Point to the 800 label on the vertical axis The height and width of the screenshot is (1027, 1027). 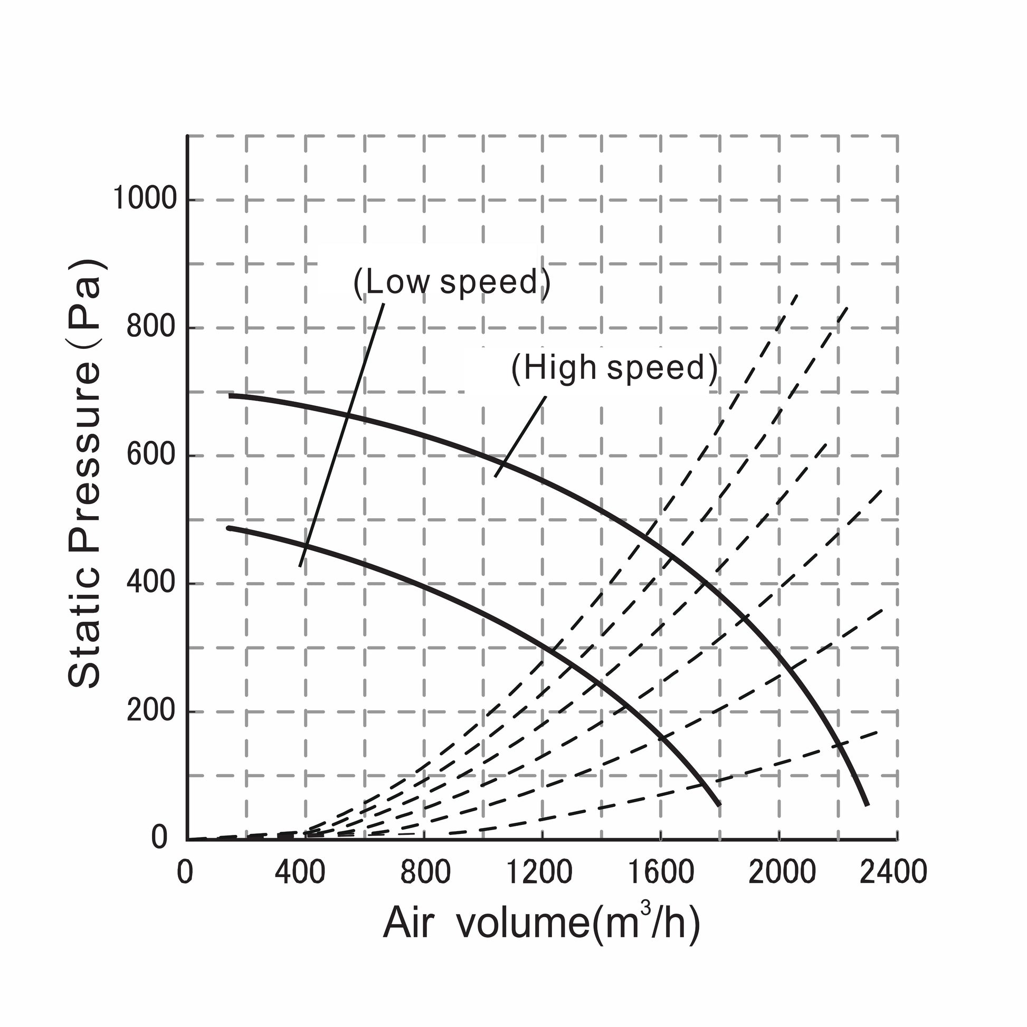[151, 326]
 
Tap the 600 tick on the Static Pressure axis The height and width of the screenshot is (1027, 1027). [151, 455]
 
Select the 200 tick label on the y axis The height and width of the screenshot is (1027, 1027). [151, 711]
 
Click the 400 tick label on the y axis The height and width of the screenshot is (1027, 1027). [151, 583]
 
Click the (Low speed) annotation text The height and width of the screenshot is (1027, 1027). [452, 282]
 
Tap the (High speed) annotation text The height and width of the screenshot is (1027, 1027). [614, 368]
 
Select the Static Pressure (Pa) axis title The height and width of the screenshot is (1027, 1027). [85, 473]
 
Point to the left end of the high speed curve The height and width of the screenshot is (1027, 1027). [230, 395]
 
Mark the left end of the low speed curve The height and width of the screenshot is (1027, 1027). [229, 528]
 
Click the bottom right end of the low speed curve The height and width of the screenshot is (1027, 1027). [719, 804]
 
